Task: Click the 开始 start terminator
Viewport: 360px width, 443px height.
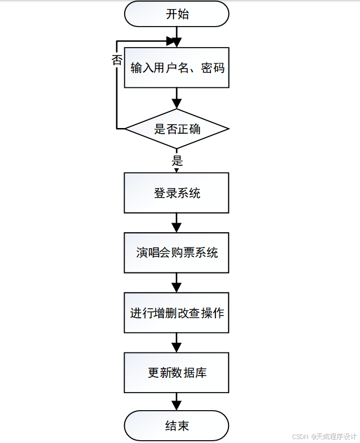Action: [x=176, y=14]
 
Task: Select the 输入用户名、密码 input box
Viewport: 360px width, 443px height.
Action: [x=176, y=68]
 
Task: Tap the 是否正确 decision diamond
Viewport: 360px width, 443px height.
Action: [x=176, y=129]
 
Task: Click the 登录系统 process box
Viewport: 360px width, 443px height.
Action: [x=176, y=193]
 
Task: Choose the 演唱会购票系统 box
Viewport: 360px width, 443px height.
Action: [x=176, y=253]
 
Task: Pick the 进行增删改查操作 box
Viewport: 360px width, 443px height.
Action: [x=176, y=313]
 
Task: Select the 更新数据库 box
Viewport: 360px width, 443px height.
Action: [x=176, y=373]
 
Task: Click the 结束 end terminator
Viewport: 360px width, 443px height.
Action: [x=176, y=426]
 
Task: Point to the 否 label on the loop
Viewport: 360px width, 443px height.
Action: [x=117, y=61]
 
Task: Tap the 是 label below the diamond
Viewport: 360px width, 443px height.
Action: [x=177, y=160]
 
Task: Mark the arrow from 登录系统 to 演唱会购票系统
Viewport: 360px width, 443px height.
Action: [x=176, y=223]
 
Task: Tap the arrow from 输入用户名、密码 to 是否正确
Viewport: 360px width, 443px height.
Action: [x=176, y=99]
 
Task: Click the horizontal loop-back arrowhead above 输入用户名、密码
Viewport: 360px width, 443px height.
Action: [x=171, y=41]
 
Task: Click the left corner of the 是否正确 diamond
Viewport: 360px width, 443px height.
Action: [x=126, y=129]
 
